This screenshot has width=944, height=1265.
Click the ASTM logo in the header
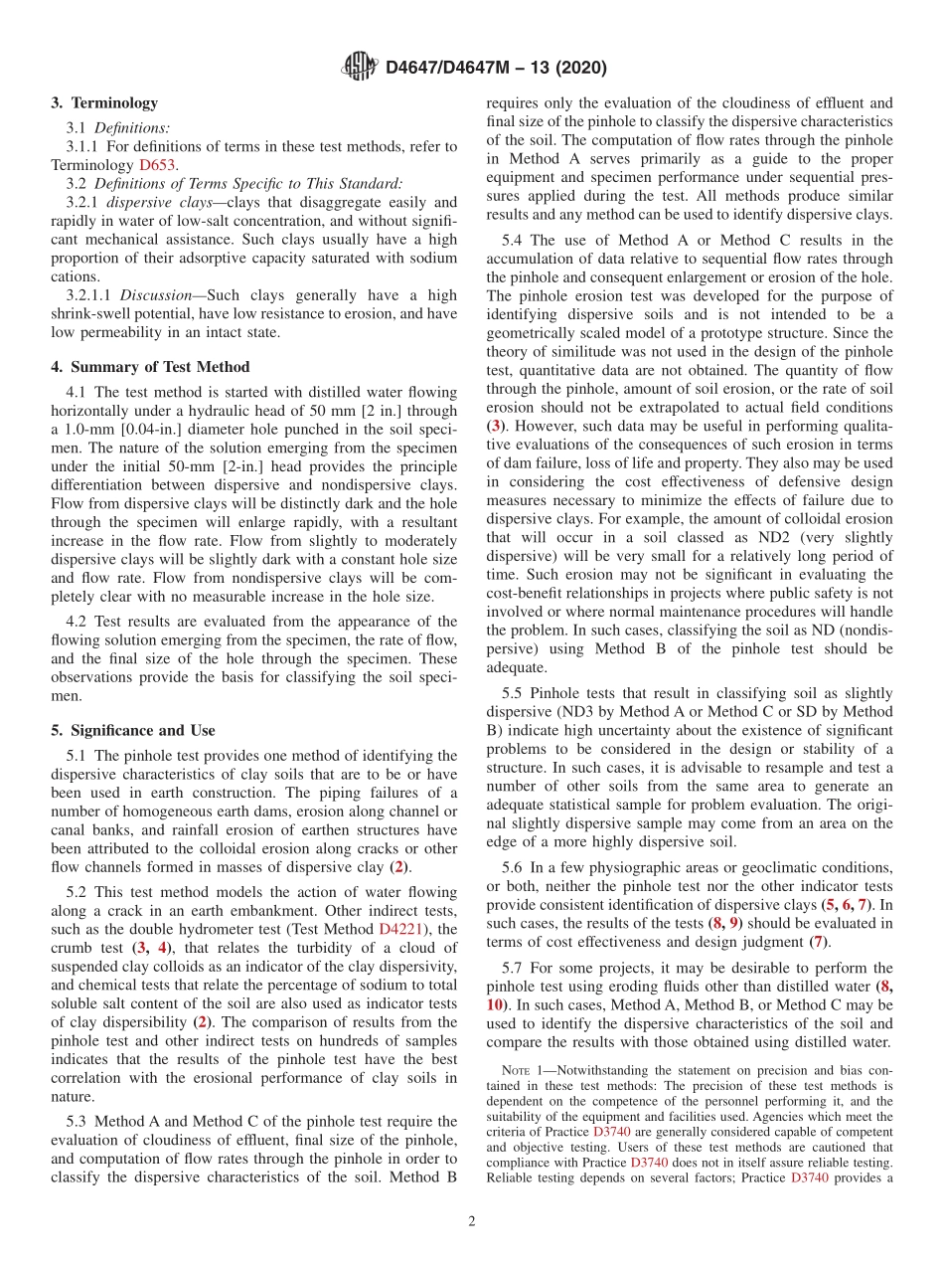(359, 67)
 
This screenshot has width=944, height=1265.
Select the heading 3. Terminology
(104, 102)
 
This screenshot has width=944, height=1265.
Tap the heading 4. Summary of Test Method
(150, 367)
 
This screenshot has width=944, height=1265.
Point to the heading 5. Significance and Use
(133, 730)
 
